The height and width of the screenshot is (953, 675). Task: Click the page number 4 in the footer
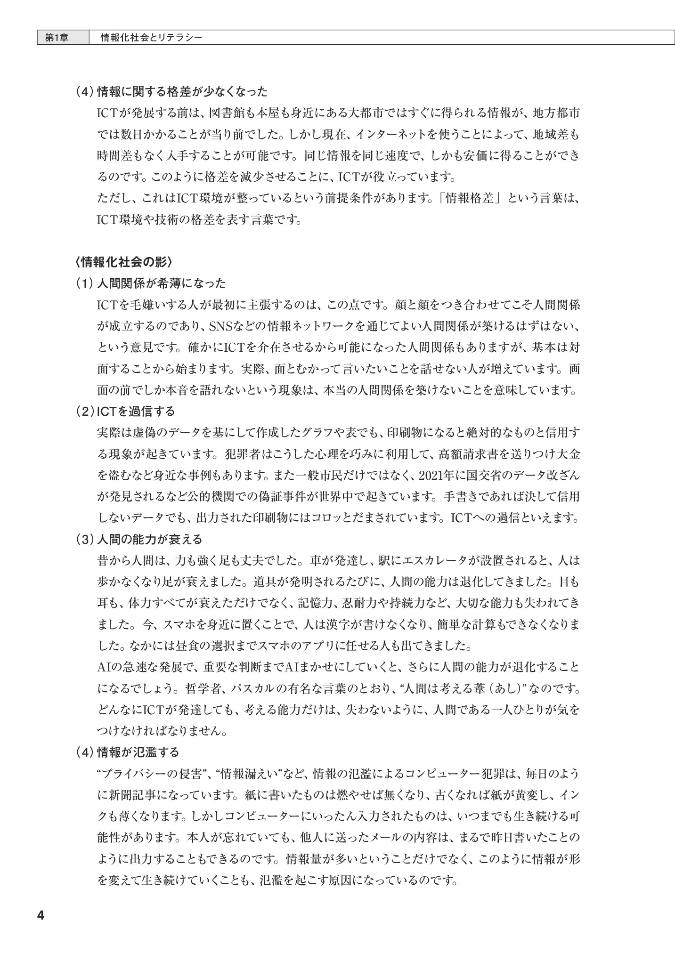40,915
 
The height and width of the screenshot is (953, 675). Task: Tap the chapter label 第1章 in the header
57,38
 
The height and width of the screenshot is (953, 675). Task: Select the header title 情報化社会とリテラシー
152,38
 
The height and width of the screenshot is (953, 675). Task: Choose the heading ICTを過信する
135,411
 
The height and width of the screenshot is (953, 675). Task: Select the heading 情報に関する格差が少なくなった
182,91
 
